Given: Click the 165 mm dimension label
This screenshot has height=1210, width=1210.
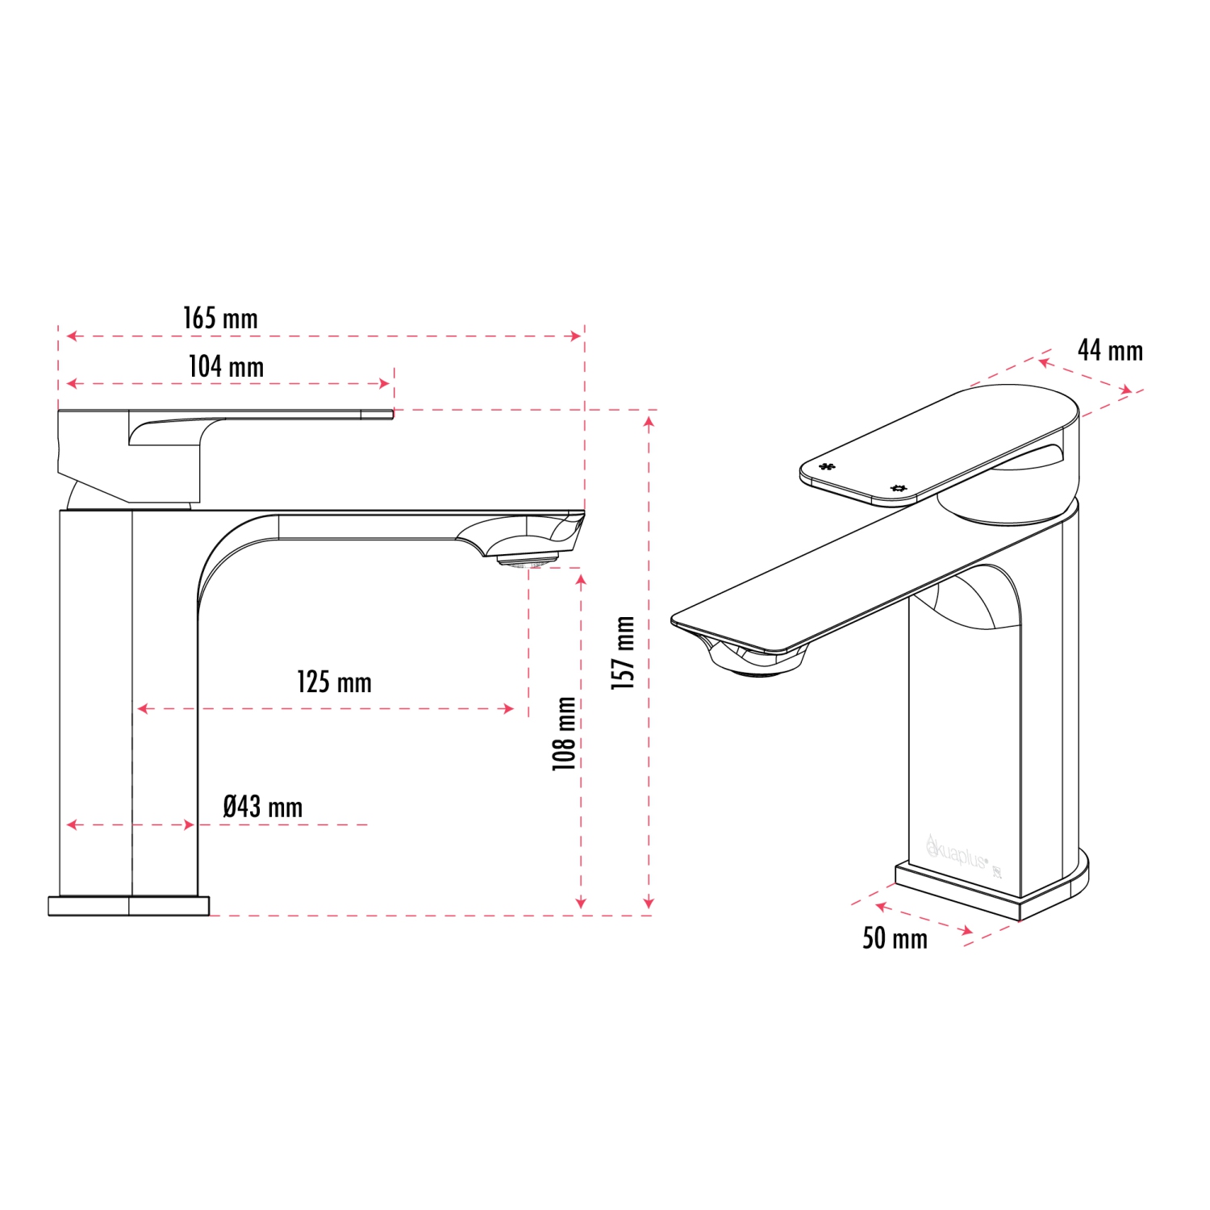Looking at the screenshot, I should click(220, 318).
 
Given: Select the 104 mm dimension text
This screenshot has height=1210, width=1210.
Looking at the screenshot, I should click(226, 366).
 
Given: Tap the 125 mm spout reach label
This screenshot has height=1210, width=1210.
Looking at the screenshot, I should click(334, 682).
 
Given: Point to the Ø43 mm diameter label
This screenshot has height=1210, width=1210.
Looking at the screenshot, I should click(262, 807).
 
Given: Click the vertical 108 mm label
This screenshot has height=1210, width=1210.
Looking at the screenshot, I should click(565, 733).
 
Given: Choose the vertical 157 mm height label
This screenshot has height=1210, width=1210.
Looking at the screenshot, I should click(623, 652).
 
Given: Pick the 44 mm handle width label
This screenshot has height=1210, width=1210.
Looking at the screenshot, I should click(1110, 351).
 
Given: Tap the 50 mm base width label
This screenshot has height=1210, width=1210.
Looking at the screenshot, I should click(895, 938).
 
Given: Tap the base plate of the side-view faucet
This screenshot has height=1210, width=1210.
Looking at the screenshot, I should click(128, 905).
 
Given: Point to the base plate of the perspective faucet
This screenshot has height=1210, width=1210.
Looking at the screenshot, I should click(992, 891).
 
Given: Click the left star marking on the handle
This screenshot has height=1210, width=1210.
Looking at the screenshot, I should click(827, 466).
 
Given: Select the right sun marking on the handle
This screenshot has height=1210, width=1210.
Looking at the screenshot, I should click(899, 488).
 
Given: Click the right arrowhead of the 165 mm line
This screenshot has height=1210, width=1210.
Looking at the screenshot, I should click(577, 336).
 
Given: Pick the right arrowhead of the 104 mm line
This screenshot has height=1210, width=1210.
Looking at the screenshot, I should click(386, 384).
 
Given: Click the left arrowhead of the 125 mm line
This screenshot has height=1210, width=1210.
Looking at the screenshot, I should click(142, 708).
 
